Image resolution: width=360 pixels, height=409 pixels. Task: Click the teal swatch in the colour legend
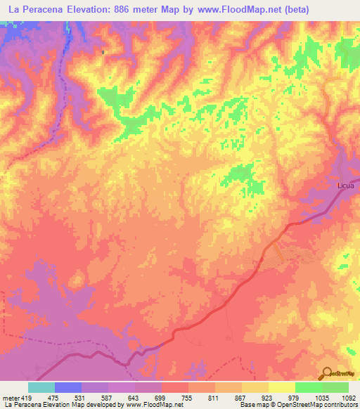pos(41,387)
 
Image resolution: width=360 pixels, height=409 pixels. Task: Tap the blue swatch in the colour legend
pos(67,387)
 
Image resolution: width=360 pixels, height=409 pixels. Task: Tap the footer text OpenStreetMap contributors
pos(320,404)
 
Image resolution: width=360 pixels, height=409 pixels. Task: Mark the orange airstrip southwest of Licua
pos(276,251)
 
